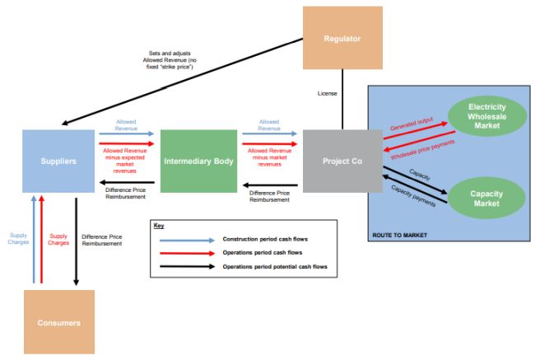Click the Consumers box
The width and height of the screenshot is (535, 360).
pyautogui.click(x=58, y=322)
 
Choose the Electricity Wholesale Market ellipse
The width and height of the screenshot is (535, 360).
pyautogui.click(x=487, y=118)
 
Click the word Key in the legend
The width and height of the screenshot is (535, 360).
pyautogui.click(x=160, y=224)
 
